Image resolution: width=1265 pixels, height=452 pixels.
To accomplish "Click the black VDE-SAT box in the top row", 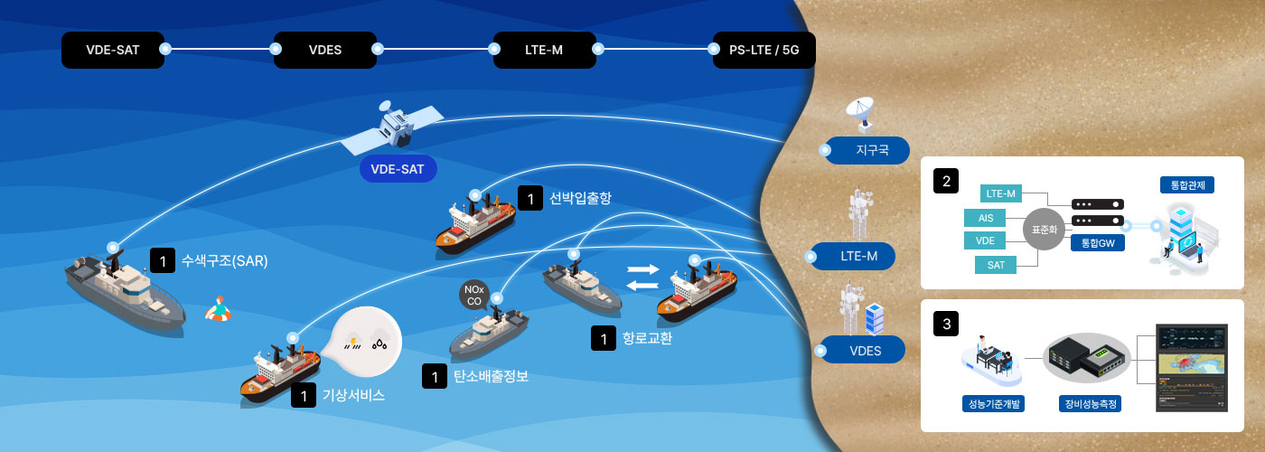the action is pos(113,50).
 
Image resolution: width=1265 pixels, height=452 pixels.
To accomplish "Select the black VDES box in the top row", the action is pos(325,50).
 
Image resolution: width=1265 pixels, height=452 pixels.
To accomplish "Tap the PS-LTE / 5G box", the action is pos(764,50).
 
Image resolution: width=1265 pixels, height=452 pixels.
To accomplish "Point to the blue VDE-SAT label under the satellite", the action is pos(398,169).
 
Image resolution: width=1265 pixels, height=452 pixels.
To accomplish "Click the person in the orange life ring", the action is pos(218,309).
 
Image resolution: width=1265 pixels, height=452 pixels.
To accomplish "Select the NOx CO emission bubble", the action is pos(474,295).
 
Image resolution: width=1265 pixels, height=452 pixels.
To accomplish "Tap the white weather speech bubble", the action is pos(365,342).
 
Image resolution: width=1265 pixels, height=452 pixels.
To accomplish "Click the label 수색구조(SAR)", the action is pos(225,261).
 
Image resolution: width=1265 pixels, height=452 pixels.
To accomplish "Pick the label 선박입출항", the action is pos(580,198).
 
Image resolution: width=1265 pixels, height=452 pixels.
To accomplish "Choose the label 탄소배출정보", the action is pos(491,376).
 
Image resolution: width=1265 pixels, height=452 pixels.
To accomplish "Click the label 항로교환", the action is pos(647,338).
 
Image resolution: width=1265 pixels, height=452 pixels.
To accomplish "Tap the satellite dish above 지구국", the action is pos(860,114).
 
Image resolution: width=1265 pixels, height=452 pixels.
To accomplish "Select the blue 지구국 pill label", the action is pos(867,150).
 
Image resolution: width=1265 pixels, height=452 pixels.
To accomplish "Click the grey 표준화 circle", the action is pos(1045,230).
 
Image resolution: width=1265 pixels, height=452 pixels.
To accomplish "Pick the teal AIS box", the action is pos(986,218).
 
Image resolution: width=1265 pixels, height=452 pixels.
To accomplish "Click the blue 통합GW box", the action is pos(1098,243).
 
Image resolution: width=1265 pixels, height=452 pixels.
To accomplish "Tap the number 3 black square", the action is pos(947,324).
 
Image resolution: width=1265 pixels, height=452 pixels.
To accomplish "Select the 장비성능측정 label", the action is pos(1091,404).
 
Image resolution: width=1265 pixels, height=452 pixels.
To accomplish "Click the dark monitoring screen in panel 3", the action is pos(1192,368).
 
